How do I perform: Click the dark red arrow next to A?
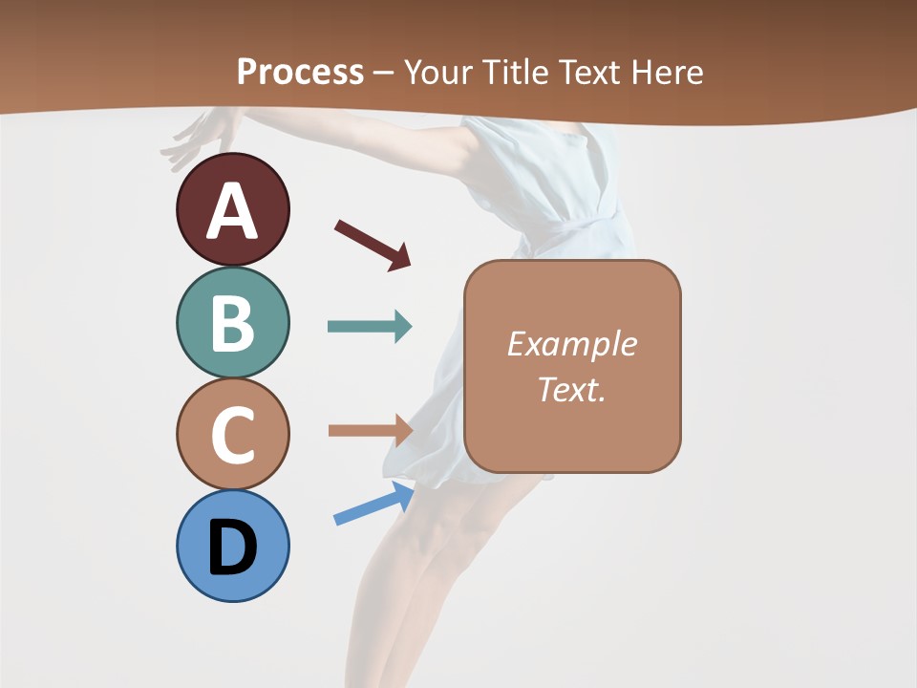coord(373,245)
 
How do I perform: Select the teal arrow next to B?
coord(370,327)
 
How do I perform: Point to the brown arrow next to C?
coord(370,431)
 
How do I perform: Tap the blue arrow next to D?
coord(373,504)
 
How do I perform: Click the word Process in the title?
coord(300,72)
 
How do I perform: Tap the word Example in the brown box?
coord(571,344)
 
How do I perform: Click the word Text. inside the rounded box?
coord(571,390)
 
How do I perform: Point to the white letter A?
coord(232,210)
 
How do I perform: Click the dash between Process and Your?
coord(383,73)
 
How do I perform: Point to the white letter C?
coord(232,435)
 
